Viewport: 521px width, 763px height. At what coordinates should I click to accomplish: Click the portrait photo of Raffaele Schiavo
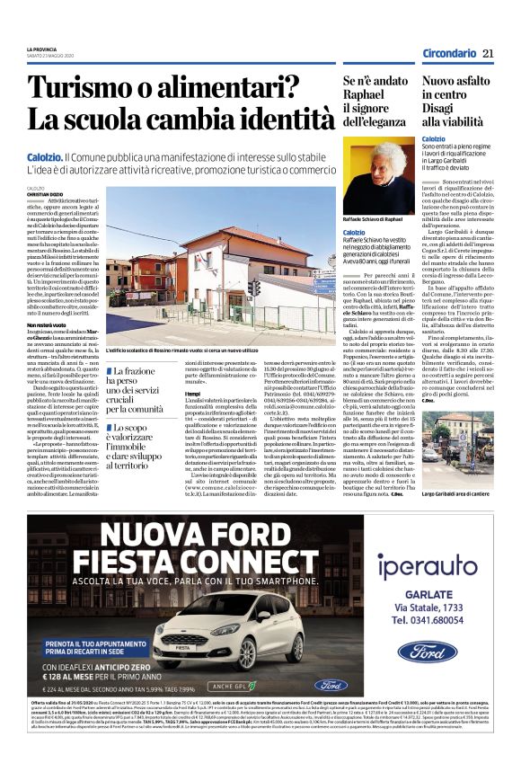click(x=379, y=176)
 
